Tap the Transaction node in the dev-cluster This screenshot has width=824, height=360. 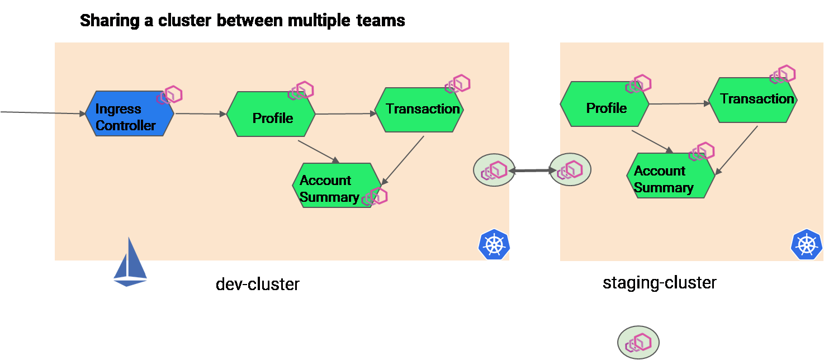[419, 110]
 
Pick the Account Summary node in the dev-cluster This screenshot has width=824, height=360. [336, 186]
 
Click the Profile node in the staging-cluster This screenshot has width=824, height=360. [604, 105]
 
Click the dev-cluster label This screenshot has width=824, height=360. [258, 284]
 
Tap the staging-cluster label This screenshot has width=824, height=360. [659, 282]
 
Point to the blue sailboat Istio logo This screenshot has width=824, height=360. [130, 263]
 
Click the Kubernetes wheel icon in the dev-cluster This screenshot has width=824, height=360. [494, 244]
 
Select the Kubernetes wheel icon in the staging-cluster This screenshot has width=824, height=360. [806, 244]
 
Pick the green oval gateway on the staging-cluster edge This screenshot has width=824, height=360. [570, 170]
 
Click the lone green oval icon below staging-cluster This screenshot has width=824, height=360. [638, 342]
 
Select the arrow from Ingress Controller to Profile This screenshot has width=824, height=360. [200, 114]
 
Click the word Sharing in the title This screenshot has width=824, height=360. [108, 21]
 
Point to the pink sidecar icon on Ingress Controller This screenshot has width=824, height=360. [170, 95]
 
